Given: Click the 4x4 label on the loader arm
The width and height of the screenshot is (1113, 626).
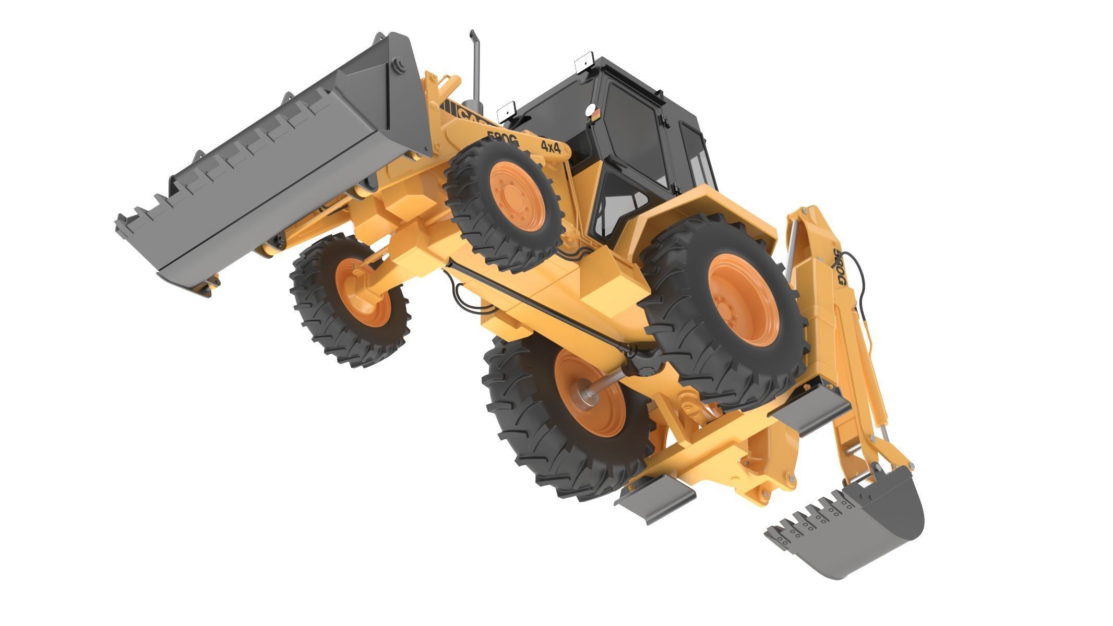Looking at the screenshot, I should pos(550,147).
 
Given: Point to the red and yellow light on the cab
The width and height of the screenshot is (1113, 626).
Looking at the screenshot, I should pos(592,112).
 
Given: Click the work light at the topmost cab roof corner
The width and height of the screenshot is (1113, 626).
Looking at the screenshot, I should pos(585,61).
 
